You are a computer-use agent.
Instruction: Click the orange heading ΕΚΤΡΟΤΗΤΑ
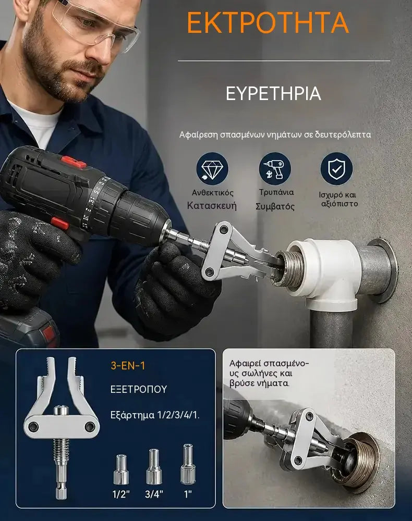(268, 22)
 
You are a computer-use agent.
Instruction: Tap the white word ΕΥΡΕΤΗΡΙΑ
(273, 93)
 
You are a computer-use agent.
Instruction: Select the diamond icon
(212, 168)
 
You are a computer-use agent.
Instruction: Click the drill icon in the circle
(275, 168)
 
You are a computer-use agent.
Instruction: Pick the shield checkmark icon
(336, 168)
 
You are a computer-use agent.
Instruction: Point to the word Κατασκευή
(212, 206)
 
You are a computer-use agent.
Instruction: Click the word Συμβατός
(275, 207)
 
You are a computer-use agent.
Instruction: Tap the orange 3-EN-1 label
(128, 366)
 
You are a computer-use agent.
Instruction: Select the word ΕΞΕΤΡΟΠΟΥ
(139, 389)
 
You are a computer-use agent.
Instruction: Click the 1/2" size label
(120, 494)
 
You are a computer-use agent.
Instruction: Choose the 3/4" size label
(154, 494)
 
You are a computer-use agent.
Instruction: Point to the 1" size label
(188, 494)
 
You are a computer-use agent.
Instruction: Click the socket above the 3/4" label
(154, 466)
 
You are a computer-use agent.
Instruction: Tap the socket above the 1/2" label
(121, 469)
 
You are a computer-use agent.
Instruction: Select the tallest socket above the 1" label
(188, 464)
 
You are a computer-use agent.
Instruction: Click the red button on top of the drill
(74, 162)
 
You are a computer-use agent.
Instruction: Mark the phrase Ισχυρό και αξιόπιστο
(338, 199)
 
